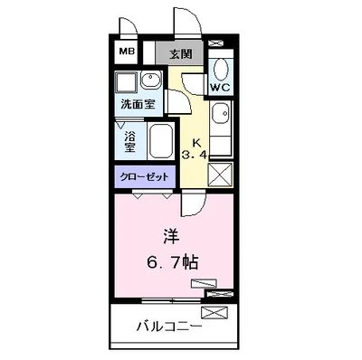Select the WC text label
point(221,87)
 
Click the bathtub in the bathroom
point(160,143)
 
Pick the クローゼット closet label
point(144,177)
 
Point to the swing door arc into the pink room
point(191,206)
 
